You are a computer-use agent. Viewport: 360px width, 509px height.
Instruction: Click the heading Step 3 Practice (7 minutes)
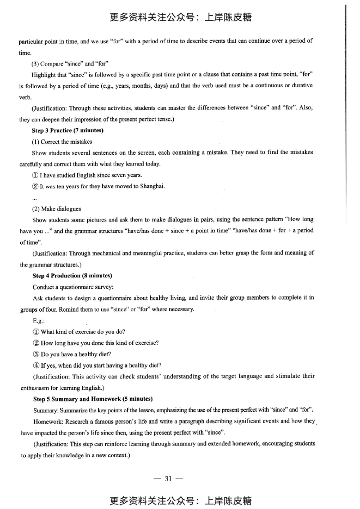point(68,130)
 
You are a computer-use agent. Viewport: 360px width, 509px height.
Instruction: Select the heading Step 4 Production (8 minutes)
point(72,275)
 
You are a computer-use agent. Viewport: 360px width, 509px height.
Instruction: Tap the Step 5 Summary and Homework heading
point(93,399)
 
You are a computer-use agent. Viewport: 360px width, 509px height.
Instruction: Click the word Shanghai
point(139,186)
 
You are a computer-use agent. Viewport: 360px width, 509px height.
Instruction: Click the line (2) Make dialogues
point(58,209)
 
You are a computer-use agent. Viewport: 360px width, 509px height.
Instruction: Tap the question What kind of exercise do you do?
point(76,332)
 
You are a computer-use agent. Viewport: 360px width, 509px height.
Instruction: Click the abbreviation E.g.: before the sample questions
point(39,320)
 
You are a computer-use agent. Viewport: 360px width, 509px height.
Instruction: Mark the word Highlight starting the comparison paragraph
point(45,74)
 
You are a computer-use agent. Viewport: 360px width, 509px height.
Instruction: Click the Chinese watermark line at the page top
point(180,18)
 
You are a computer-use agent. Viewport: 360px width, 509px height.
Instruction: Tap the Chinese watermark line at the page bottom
point(180,500)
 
